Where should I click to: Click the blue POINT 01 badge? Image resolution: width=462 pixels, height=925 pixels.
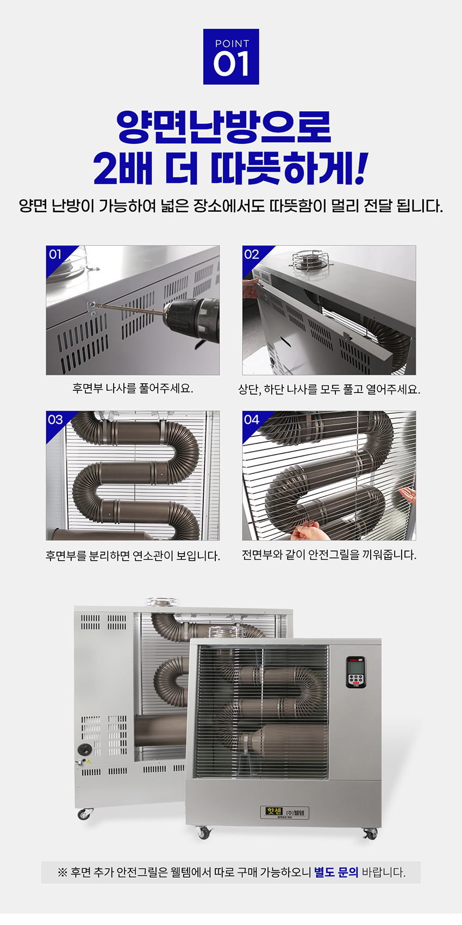[231, 56]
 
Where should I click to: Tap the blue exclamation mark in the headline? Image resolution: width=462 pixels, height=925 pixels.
[360, 169]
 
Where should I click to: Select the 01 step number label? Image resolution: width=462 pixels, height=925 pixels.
[55, 255]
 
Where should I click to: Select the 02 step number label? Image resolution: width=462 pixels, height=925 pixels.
[252, 255]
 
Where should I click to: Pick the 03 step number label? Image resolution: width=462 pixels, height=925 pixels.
[55, 420]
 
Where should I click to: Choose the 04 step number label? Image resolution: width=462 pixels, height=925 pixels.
[252, 420]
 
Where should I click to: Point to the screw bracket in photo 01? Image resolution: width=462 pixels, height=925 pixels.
[92, 307]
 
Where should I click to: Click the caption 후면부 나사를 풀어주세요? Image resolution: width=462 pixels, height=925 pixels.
[133, 389]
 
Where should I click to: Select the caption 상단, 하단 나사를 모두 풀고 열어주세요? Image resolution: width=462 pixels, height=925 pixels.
[329, 389]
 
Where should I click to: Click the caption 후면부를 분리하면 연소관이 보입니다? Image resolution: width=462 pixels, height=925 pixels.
[133, 556]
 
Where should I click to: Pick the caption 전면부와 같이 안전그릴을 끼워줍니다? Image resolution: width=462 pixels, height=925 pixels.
[329, 555]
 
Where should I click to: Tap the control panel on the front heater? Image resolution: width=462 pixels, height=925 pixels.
[355, 672]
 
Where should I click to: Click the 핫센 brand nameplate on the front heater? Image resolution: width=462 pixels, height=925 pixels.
[285, 813]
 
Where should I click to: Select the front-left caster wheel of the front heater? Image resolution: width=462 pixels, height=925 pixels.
[204, 833]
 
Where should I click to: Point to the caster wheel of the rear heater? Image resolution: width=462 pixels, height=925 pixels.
[84, 814]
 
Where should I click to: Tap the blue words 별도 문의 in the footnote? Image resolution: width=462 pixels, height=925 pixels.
[336, 872]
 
